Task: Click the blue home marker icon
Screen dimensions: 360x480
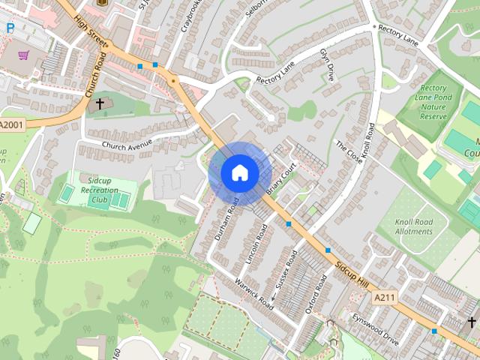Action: (x=240, y=172)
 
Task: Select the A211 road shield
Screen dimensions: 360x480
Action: (x=384, y=298)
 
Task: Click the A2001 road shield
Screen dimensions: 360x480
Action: (x=12, y=124)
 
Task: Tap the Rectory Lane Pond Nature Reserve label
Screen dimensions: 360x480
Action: (x=433, y=101)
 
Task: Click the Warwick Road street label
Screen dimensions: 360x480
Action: (x=253, y=295)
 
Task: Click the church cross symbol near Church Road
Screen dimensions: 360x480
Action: (x=99, y=103)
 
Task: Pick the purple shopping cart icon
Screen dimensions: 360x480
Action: (x=23, y=55)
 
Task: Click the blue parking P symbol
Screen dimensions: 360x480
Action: (x=10, y=28)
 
